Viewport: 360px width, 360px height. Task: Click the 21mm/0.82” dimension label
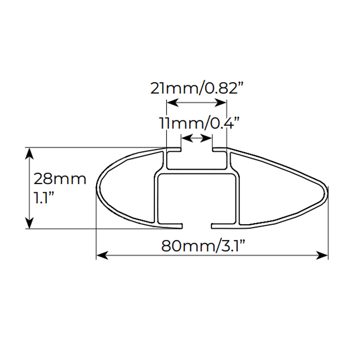click(x=196, y=88)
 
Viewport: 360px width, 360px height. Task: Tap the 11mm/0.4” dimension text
click(x=199, y=123)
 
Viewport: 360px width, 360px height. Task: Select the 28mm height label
click(x=60, y=179)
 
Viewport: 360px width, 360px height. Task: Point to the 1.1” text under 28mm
click(x=44, y=197)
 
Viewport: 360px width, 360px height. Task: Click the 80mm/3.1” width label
click(x=203, y=246)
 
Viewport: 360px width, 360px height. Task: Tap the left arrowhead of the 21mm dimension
click(x=172, y=103)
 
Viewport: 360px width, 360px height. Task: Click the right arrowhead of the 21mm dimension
click(x=221, y=103)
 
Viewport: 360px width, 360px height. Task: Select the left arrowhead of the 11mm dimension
click(x=187, y=138)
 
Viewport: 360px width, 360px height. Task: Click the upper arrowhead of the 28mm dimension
click(x=29, y=153)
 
